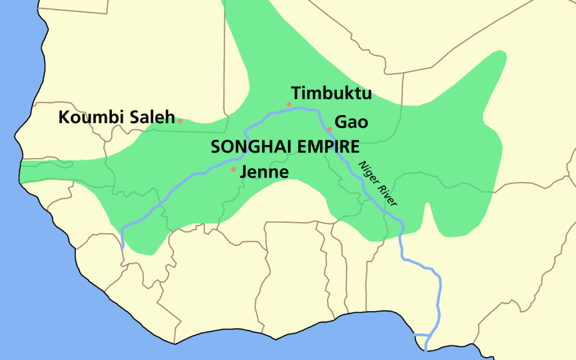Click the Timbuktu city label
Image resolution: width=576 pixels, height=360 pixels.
coord(331,93)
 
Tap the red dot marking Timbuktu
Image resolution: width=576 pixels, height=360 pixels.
coord(289,104)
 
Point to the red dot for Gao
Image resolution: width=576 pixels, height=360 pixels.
coord(330,129)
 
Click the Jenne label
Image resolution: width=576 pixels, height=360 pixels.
coord(264,172)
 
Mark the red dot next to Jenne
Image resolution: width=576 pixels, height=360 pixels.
coord(233,169)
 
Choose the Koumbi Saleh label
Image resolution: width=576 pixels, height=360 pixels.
coord(116,118)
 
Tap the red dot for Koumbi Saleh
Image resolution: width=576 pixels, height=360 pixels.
coord(180,120)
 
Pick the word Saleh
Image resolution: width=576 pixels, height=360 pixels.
coord(149,118)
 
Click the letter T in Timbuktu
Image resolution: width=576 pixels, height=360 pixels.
coord(296,93)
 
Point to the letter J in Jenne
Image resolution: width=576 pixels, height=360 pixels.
coord(244,172)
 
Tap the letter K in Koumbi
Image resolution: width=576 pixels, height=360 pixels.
coord(64,118)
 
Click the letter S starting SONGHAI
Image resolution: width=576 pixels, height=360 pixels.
coord(215,147)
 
